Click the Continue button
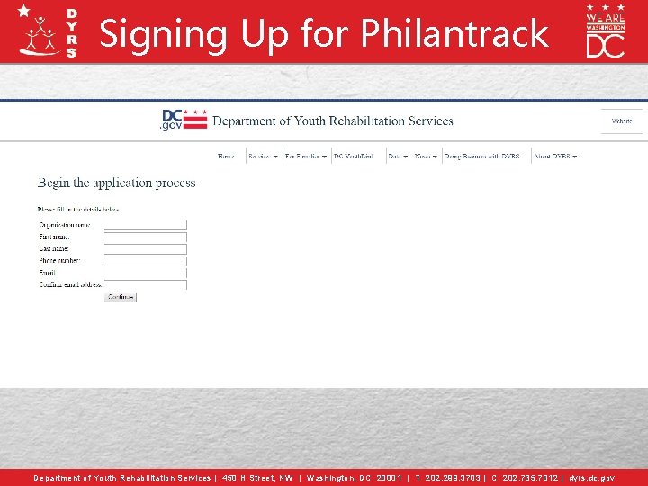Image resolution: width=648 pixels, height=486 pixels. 120,297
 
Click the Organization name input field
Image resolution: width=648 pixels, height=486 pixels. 145,225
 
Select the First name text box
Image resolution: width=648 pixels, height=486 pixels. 145,237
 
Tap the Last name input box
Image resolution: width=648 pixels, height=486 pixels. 145,249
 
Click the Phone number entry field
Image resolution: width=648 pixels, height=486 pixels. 145,261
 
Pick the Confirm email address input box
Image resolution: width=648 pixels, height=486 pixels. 145,284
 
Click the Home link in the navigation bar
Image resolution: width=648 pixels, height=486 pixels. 226,157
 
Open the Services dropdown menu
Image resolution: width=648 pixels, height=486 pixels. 263,157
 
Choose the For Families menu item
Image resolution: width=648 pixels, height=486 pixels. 306,157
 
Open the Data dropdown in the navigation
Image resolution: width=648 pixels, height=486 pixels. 398,157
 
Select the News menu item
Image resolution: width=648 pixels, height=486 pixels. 426,157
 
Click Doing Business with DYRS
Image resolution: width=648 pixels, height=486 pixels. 481,157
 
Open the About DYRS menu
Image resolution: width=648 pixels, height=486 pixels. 555,157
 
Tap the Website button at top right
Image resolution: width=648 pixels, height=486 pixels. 622,121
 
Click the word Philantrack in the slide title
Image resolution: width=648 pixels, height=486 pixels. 454,34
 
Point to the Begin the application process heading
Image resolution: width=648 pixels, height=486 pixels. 116,183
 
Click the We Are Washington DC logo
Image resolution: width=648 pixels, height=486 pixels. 605,31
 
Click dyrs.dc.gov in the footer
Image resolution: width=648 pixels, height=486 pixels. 592,478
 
